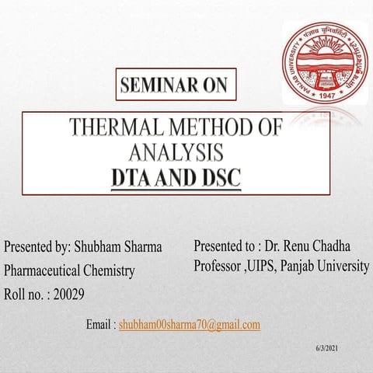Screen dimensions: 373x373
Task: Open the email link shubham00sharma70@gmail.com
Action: coord(189,325)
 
